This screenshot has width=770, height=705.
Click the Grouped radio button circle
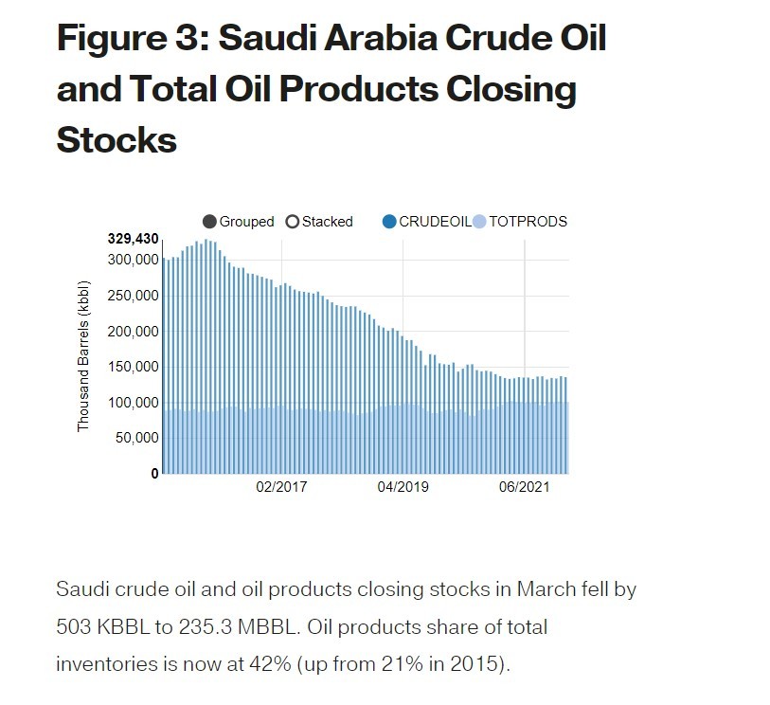pos(209,222)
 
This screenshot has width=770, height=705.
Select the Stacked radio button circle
pos(292,222)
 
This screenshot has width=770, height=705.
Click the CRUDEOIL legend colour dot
pos(388,222)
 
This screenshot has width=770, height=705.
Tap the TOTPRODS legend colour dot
pos(479,222)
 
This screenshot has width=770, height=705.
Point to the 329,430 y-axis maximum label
pos(133,239)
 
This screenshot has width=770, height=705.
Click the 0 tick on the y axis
pos(154,473)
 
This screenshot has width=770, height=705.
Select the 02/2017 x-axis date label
pos(283,488)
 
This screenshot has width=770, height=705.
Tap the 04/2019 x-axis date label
pos(403,488)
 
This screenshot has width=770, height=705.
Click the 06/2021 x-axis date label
pos(524,488)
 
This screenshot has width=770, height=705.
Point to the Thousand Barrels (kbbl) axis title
pos(83,355)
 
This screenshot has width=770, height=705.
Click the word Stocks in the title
pos(116,139)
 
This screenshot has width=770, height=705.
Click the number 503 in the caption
pos(78,627)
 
